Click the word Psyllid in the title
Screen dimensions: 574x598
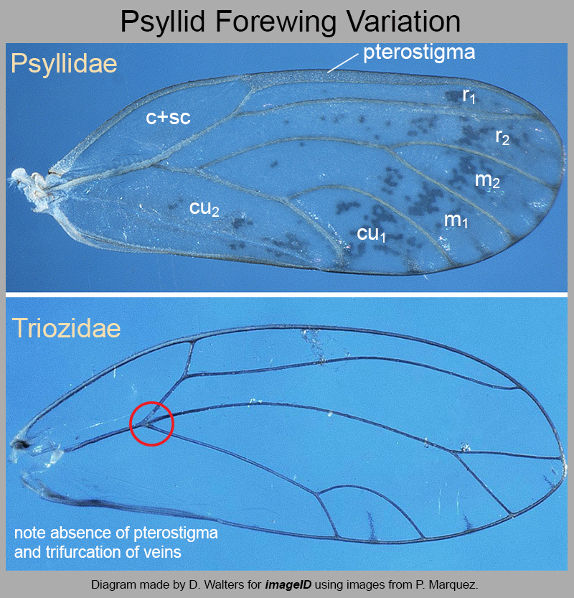pos(163,22)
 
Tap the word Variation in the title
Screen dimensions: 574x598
pos(404,22)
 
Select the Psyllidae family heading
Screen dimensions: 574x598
pos(64,64)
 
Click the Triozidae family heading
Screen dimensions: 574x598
pos(66,328)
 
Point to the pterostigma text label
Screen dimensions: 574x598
pos(419,52)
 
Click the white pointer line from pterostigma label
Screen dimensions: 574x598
pos(343,62)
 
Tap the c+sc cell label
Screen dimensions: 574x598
pos(168,117)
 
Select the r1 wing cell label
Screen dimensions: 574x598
pos(469,95)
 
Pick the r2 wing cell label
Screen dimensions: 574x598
pos(502,137)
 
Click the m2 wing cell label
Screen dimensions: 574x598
pos(487,180)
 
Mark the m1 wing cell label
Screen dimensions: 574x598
pos(456,220)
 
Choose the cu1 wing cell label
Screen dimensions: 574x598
pos(371,234)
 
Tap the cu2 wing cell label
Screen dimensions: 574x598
pos(204,209)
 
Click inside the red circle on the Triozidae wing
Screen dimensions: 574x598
pos(151,424)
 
